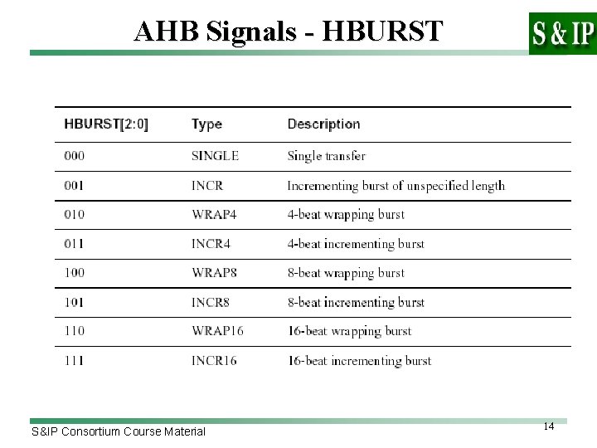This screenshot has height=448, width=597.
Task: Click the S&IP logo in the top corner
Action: pyautogui.click(x=561, y=33)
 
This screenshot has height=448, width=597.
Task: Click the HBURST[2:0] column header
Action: pyautogui.click(x=107, y=124)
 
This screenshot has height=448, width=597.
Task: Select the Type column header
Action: pyautogui.click(x=206, y=124)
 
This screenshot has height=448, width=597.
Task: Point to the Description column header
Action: pyautogui.click(x=323, y=124)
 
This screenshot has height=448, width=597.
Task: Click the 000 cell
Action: pyautogui.click(x=74, y=156)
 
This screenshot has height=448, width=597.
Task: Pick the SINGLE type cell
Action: pyautogui.click(x=215, y=156)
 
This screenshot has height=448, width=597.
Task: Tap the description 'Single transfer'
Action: pyautogui.click(x=326, y=156)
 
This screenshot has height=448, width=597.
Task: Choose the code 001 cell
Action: pyautogui.click(x=74, y=185)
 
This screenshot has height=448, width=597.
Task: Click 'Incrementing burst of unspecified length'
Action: pyautogui.click(x=396, y=185)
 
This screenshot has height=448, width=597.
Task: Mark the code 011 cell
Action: pyautogui.click(x=74, y=244)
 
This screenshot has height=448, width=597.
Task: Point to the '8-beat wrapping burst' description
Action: pyautogui.click(x=346, y=273)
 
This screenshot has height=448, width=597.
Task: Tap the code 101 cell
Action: pyautogui.click(x=74, y=302)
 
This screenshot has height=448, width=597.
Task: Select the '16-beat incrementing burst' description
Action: pyautogui.click(x=359, y=360)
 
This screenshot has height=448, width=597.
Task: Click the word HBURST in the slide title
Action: pyautogui.click(x=381, y=31)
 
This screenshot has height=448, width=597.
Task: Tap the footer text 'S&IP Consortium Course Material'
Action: pyautogui.click(x=118, y=431)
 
